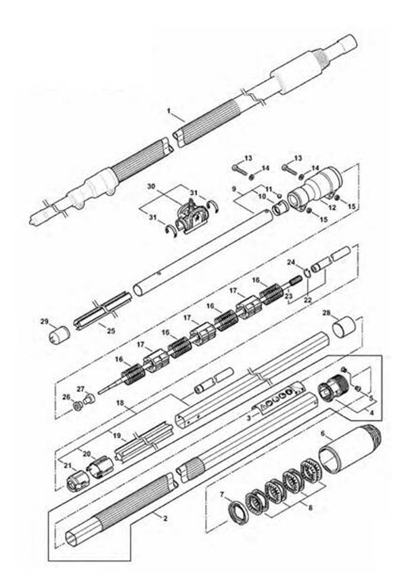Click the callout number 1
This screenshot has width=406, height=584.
click(x=170, y=110)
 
